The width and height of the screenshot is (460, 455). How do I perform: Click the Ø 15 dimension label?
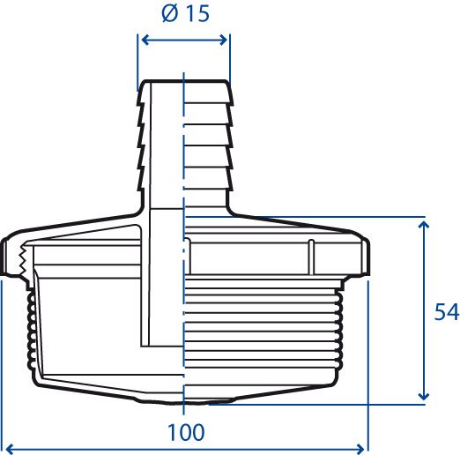coord(186,13)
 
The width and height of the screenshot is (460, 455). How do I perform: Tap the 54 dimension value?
coord(447,311)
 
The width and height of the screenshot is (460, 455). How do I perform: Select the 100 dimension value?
coord(186,432)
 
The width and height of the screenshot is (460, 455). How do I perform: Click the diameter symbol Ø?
coord(170,14)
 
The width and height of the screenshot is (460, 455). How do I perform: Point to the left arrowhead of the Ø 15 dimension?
coord(146,40)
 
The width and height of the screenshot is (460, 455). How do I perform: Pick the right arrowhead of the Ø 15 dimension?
coord(223,40)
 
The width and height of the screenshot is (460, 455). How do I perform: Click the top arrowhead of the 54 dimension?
coord(423,226)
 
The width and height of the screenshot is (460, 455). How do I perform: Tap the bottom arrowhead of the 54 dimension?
coord(423,395)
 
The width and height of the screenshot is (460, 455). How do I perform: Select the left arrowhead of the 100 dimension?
coord(11,449)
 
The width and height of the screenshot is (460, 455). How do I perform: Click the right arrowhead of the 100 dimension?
coord(360,449)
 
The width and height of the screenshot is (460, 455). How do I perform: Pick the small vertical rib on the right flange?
coord(311,257)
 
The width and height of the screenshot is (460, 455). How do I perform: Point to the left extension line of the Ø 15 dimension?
coord(137,63)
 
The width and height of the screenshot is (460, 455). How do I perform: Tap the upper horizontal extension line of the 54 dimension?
coord(306,217)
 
